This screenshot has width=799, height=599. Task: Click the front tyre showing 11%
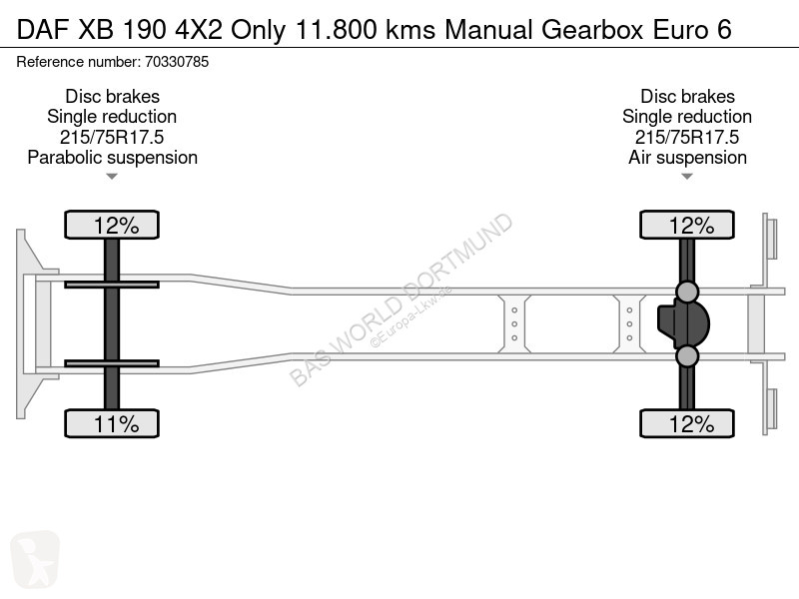(112, 423)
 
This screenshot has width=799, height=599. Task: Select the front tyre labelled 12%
(112, 225)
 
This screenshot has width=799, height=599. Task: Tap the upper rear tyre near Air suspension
(687, 225)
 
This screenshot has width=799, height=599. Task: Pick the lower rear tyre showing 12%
(687, 423)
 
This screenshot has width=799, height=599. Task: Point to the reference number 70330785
(177, 62)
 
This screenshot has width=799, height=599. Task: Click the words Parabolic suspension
(113, 158)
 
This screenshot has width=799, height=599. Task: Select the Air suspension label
(687, 158)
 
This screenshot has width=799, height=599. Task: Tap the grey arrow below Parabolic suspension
(112, 177)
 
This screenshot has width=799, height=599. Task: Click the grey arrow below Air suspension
(687, 177)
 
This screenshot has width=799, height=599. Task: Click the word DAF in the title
(42, 30)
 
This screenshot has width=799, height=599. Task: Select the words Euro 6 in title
(692, 30)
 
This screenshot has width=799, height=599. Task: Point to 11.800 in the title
(336, 30)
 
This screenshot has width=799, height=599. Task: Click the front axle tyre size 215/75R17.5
(112, 137)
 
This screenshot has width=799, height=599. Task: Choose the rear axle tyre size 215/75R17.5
(687, 137)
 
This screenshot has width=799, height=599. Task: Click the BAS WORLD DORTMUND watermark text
(400, 299)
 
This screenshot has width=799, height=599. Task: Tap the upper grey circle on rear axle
(687, 292)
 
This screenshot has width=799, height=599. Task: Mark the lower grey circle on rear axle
(687, 356)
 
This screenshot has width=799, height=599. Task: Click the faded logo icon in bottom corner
(35, 559)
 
